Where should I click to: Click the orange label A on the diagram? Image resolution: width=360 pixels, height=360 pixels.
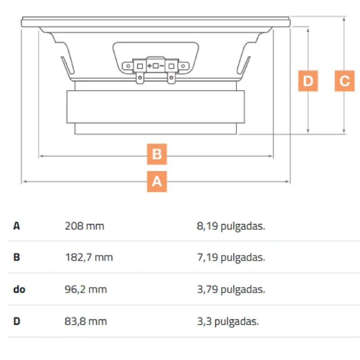tap(157, 181)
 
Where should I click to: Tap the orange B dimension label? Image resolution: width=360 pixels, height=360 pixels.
tap(157, 154)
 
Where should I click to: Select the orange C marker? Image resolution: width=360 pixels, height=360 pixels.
tap(344, 81)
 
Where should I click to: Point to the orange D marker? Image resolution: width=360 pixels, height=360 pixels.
tap(308, 81)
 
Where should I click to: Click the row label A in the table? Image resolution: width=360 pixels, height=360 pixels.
tap(17, 226)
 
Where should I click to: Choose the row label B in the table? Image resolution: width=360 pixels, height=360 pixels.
tap(17, 257)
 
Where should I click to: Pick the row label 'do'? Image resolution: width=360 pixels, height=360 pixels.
tap(19, 289)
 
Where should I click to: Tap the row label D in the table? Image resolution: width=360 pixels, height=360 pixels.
tap(17, 321)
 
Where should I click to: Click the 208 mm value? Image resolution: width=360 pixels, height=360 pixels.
tap(85, 226)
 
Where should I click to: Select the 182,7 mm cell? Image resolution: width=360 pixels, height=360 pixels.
tap(89, 257)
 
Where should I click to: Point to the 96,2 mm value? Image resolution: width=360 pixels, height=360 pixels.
tap(86, 289)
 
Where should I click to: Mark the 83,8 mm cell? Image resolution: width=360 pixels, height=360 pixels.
tap(86, 321)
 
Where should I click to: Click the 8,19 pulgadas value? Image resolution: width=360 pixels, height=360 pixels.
tap(231, 226)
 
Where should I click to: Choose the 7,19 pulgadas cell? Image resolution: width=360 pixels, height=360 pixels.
tap(231, 257)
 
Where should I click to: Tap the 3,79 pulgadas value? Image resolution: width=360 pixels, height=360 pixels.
tap(231, 289)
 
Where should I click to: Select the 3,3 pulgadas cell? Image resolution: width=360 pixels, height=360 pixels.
tap(228, 321)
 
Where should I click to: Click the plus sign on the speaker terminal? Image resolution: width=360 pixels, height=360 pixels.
tap(149, 66)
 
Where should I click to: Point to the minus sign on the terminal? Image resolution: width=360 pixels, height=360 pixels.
tap(162, 66)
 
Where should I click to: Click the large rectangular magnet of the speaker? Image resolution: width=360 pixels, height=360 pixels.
tap(156, 107)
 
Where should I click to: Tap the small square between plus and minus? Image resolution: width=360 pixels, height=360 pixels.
tap(156, 66)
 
